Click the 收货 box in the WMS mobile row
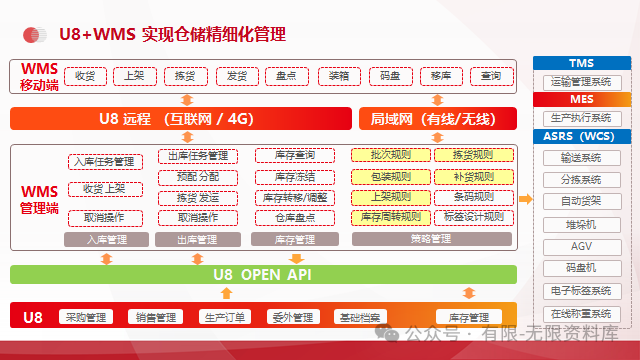pyautogui.click(x=85, y=76)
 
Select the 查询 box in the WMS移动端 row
pyautogui.click(x=491, y=76)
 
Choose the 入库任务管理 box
pyautogui.click(x=104, y=161)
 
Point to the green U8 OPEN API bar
pyautogui.click(x=264, y=274)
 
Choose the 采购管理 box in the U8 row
pyautogui.click(x=87, y=318)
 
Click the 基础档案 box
pyautogui.click(x=357, y=318)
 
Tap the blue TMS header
pyautogui.click(x=581, y=64)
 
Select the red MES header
pyautogui.click(x=581, y=100)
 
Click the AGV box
pyautogui.click(x=581, y=246)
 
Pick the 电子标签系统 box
pyautogui.click(x=581, y=291)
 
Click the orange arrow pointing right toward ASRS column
pyautogui.click(x=525, y=199)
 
